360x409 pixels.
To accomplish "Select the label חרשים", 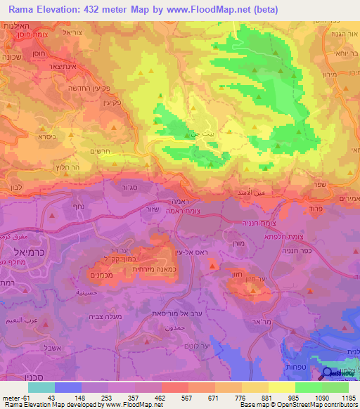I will tap(103, 150).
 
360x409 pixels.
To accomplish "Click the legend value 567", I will tap(174, 397).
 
